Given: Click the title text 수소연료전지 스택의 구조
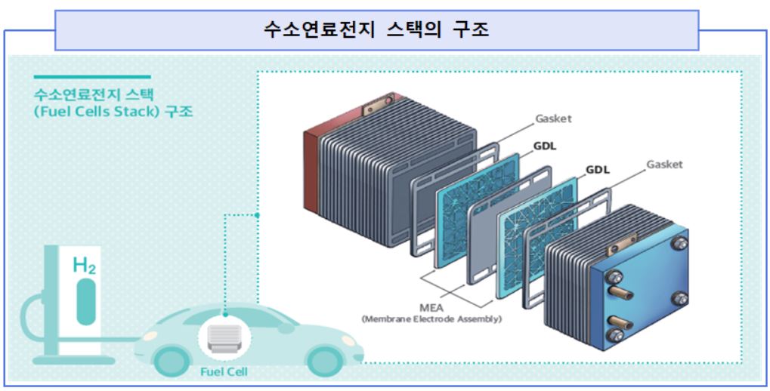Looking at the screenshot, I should pyautogui.click(x=376, y=30).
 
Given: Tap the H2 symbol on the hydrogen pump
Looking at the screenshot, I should pyautogui.click(x=84, y=265).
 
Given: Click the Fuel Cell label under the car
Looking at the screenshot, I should pyautogui.click(x=223, y=372).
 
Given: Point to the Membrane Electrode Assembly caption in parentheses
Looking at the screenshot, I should pyautogui.click(x=431, y=319).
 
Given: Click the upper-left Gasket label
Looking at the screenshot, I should pyautogui.click(x=554, y=119).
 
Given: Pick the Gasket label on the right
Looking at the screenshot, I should pyautogui.click(x=664, y=164).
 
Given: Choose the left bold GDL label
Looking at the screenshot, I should pyautogui.click(x=544, y=146).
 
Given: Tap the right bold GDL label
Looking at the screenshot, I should pyautogui.click(x=597, y=170).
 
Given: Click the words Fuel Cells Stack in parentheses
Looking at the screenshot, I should pyautogui.click(x=99, y=112).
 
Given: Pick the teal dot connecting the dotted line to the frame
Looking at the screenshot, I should pyautogui.click(x=258, y=215).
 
